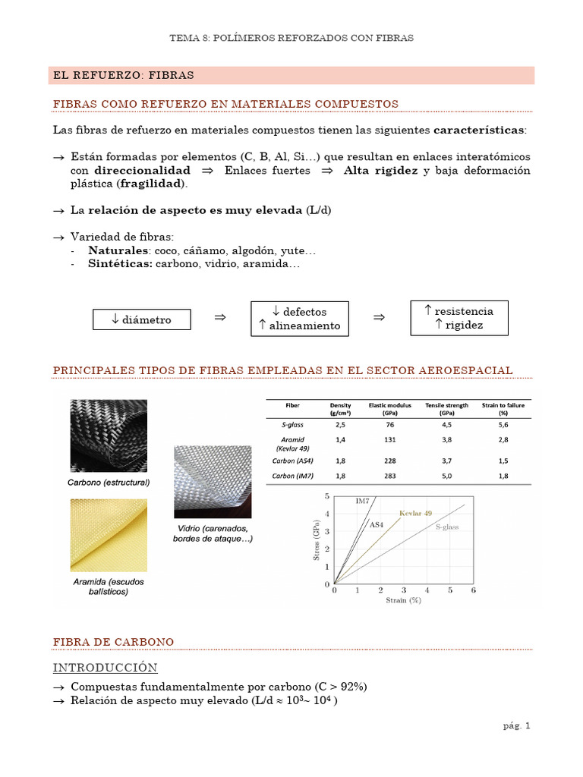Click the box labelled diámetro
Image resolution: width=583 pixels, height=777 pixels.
pyautogui.click(x=141, y=319)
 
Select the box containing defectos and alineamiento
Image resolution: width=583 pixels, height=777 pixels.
pyautogui.click(x=299, y=319)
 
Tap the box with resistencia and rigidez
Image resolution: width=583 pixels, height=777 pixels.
pyautogui.click(x=459, y=318)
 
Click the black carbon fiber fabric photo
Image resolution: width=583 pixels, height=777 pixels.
pyautogui.click(x=109, y=436)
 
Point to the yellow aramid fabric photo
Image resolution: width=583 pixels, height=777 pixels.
pyautogui.click(x=109, y=535)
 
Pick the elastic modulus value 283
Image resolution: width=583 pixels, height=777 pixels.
pyautogui.click(x=389, y=476)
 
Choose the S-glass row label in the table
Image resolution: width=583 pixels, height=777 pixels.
pyautogui.click(x=292, y=426)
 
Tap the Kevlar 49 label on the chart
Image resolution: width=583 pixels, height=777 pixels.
pyautogui.click(x=415, y=514)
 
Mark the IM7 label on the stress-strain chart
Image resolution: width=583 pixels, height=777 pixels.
pyautogui.click(x=363, y=501)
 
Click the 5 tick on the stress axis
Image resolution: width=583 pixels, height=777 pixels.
pyautogui.click(x=327, y=496)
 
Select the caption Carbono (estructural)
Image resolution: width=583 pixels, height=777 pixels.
pyautogui.click(x=109, y=483)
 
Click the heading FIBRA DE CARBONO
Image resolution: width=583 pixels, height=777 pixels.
pyautogui.click(x=113, y=642)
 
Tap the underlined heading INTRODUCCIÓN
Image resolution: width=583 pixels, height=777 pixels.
pyautogui.click(x=106, y=668)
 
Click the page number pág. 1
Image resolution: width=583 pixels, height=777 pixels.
pyautogui.click(x=516, y=725)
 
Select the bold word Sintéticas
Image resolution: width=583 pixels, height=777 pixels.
pyautogui.click(x=121, y=264)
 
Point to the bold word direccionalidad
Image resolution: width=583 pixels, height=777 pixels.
pyautogui.click(x=142, y=171)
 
